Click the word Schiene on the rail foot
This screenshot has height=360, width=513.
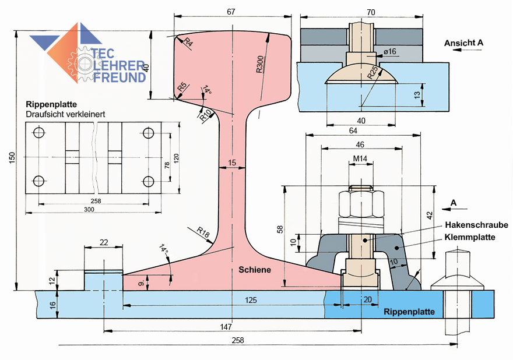(255, 270)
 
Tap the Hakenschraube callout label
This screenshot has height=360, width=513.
(476, 225)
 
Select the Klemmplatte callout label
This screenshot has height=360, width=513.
(470, 238)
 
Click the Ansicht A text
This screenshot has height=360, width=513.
(463, 43)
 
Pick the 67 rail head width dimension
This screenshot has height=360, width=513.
(231, 12)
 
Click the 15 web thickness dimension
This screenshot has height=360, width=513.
(233, 163)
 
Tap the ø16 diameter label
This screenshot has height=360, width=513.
(389, 52)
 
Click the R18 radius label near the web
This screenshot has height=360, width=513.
(203, 233)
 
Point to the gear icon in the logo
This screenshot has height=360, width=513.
(82, 61)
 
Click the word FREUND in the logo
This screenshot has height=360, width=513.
(120, 76)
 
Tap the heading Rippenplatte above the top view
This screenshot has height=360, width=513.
(51, 104)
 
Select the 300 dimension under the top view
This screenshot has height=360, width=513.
(89, 209)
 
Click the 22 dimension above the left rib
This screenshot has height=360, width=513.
(104, 242)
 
